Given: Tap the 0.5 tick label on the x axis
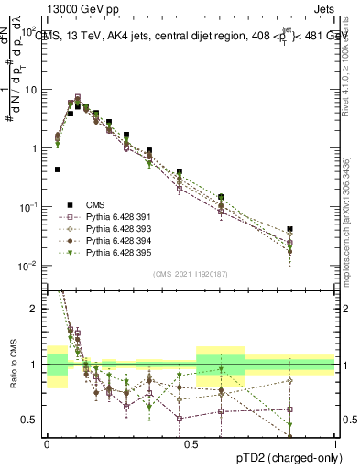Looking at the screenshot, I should tap(191, 442).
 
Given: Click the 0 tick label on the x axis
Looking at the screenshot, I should tap(47, 442).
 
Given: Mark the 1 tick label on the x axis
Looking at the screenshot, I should tap(334, 442).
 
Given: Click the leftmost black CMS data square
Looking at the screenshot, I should tap(58, 169).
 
